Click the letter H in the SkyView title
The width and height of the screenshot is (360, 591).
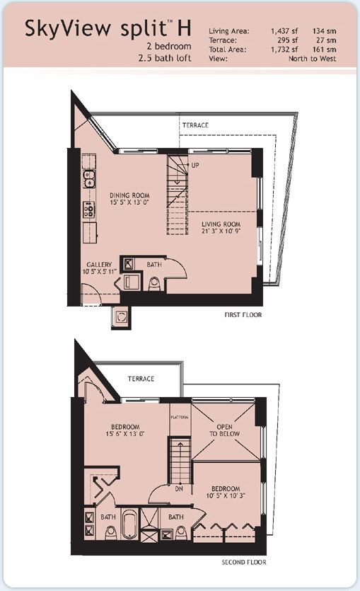coord(184,28)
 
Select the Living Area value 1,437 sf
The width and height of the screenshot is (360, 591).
coord(284,31)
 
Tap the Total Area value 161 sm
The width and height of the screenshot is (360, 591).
coord(324,50)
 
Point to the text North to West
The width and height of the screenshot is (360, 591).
coord(312,59)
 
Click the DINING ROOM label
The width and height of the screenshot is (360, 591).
coord(129,195)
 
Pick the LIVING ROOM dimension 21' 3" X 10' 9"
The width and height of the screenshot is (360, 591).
coord(221,231)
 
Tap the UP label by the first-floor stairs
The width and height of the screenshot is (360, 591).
coord(195,165)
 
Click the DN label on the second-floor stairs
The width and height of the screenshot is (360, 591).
coord(179,488)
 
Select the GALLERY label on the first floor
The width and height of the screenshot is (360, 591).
coord(99,265)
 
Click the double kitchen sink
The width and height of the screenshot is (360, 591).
coord(89,179)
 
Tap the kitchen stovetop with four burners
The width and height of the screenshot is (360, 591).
coord(89,210)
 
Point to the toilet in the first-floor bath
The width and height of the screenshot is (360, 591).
coord(154,284)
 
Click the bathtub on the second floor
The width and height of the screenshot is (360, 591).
coord(129,524)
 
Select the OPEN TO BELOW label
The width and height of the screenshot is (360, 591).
coord(224,430)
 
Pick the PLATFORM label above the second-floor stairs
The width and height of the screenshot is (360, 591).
coord(179,418)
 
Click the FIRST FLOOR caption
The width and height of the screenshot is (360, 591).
coord(243,315)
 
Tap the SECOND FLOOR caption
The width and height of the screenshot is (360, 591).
coord(243,562)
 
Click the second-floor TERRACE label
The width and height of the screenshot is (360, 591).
coord(141,379)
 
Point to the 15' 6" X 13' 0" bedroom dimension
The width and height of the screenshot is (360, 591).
coord(125,433)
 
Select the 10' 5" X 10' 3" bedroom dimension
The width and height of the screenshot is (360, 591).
coord(226,495)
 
